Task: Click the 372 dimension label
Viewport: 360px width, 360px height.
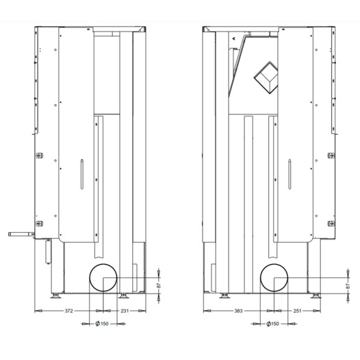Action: pos(68,311)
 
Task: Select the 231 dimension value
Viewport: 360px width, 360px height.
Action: pos(125,311)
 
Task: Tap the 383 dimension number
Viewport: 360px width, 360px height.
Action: pos(238,311)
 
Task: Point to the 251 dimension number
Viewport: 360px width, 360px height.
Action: pos(297,311)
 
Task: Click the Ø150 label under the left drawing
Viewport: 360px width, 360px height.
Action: pos(102,324)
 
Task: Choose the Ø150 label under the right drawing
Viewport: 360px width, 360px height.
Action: pos(273,324)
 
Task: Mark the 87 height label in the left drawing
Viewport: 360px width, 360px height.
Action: pos(159,285)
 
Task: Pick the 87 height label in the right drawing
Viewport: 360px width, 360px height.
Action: pos(348,286)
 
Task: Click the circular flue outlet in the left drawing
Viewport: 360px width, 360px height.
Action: pos(90,278)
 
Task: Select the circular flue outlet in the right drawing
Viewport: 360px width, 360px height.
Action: pos(260,278)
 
